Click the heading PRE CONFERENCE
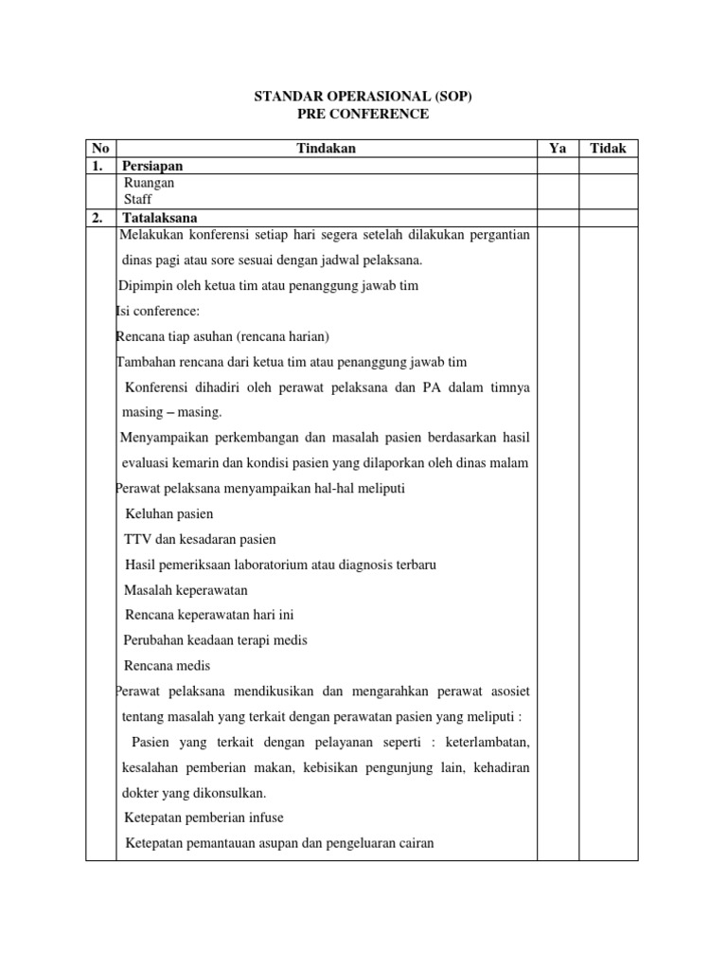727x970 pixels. (x=363, y=115)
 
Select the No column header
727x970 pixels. (x=100, y=149)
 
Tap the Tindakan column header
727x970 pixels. (x=327, y=149)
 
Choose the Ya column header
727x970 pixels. (x=558, y=149)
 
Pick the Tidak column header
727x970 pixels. (x=608, y=149)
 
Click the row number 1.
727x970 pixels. (x=98, y=166)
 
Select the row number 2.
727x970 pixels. (x=98, y=218)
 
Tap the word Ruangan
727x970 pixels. (x=150, y=183)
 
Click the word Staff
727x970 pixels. (x=138, y=200)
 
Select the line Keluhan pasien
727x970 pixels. (x=168, y=513)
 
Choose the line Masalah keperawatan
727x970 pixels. (x=186, y=590)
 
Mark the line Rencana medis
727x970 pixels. (x=167, y=666)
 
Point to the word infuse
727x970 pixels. (x=264, y=817)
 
